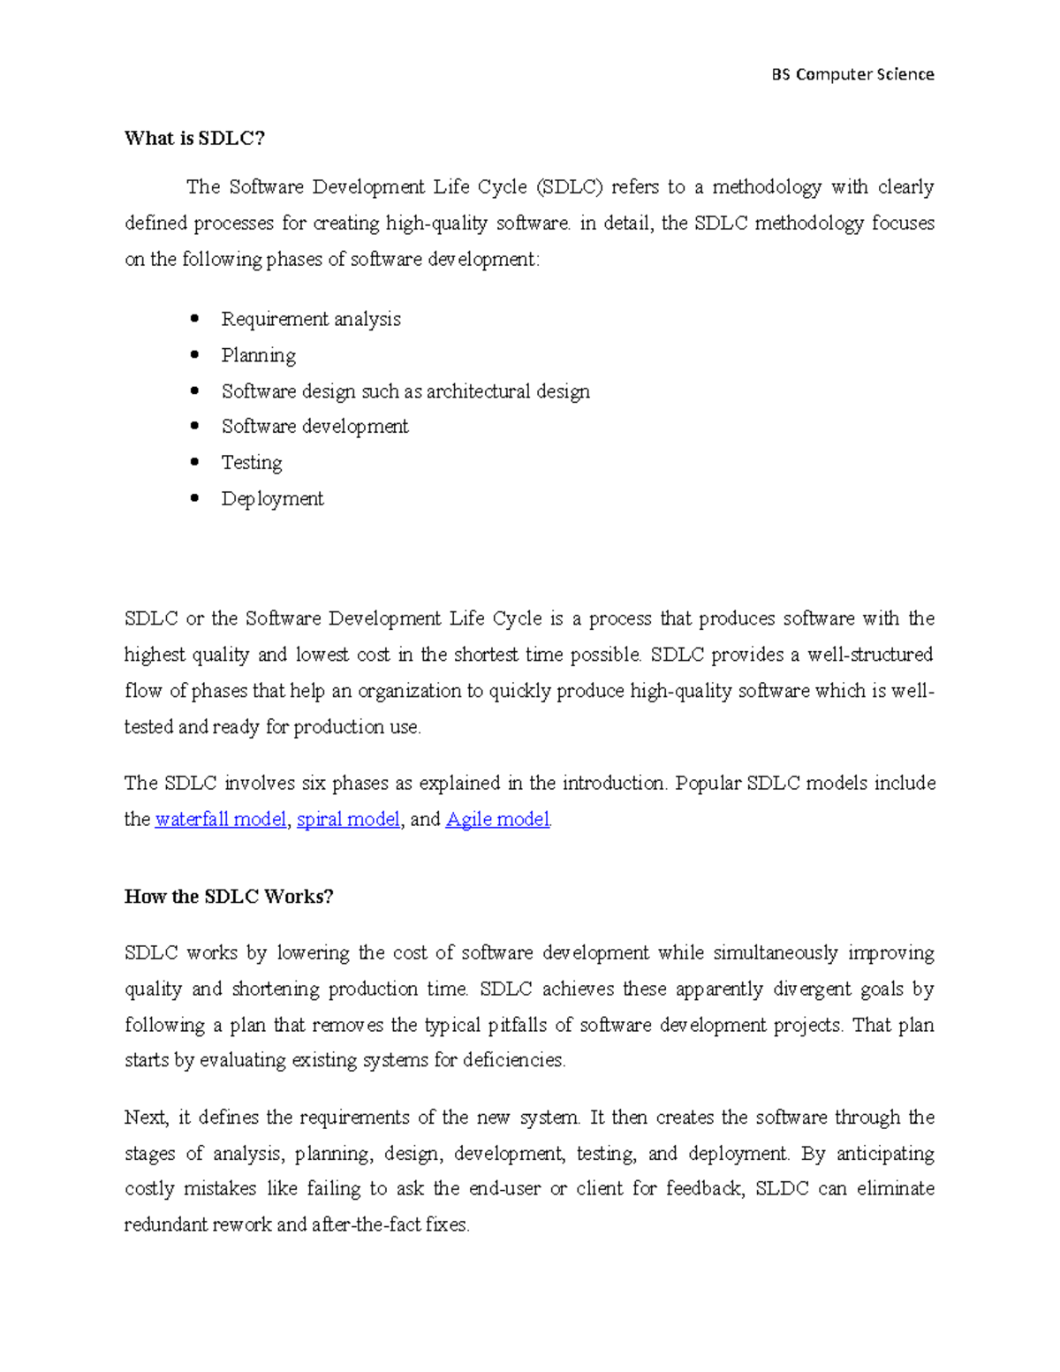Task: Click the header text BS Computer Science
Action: pos(852,74)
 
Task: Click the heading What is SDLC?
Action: pos(194,138)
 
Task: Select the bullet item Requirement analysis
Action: pos(310,319)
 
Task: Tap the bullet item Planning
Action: pos(258,355)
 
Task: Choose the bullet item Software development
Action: pos(314,427)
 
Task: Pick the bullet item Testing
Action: pos(251,463)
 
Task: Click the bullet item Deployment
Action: pos(272,499)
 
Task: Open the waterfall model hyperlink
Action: pos(220,820)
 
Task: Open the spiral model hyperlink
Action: pos(348,820)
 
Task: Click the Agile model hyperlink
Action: pos(497,820)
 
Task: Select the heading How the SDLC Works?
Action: pos(229,897)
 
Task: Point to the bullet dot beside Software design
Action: pos(194,390)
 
